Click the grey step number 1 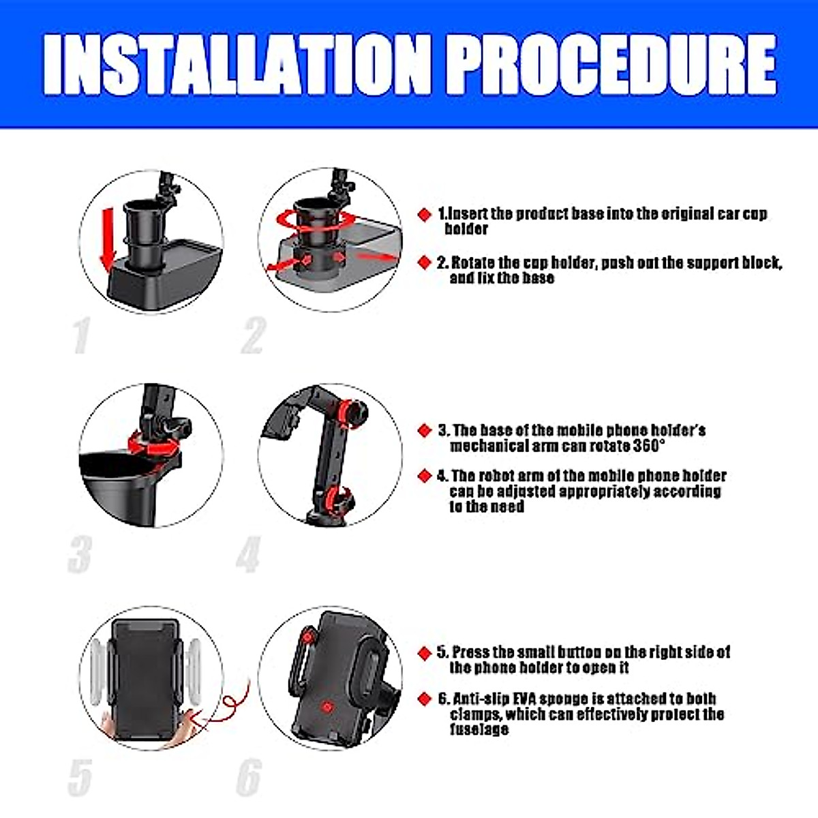(81, 335)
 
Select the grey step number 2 (253, 335)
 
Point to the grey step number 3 (80, 554)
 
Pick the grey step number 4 (249, 554)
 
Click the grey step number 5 (80, 777)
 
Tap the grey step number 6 (249, 777)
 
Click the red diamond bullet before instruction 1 (425, 215)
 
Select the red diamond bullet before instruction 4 (425, 476)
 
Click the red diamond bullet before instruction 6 (425, 699)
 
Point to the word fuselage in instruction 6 (479, 729)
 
